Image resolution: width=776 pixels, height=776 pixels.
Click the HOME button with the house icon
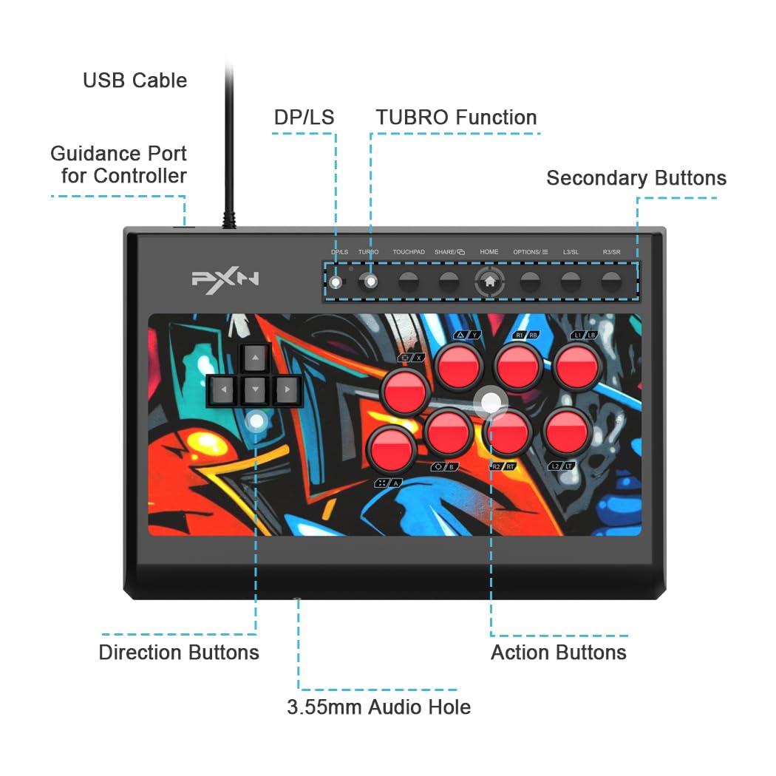point(489,281)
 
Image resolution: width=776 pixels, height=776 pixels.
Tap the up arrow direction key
point(255,358)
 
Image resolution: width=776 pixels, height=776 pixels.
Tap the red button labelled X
point(405,391)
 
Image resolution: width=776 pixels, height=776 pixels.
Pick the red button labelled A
point(392,449)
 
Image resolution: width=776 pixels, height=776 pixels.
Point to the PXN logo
point(225,280)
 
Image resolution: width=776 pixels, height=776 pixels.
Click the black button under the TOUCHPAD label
point(409,281)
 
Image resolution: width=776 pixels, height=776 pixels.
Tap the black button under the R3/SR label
point(610,281)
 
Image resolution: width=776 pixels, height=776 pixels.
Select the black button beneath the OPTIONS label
point(530,281)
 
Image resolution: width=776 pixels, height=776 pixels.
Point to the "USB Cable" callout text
point(135,81)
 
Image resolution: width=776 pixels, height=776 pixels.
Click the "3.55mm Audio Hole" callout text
point(378,707)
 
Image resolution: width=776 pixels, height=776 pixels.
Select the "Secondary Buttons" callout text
point(636,178)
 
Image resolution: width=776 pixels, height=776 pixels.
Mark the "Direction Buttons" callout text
point(179,653)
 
